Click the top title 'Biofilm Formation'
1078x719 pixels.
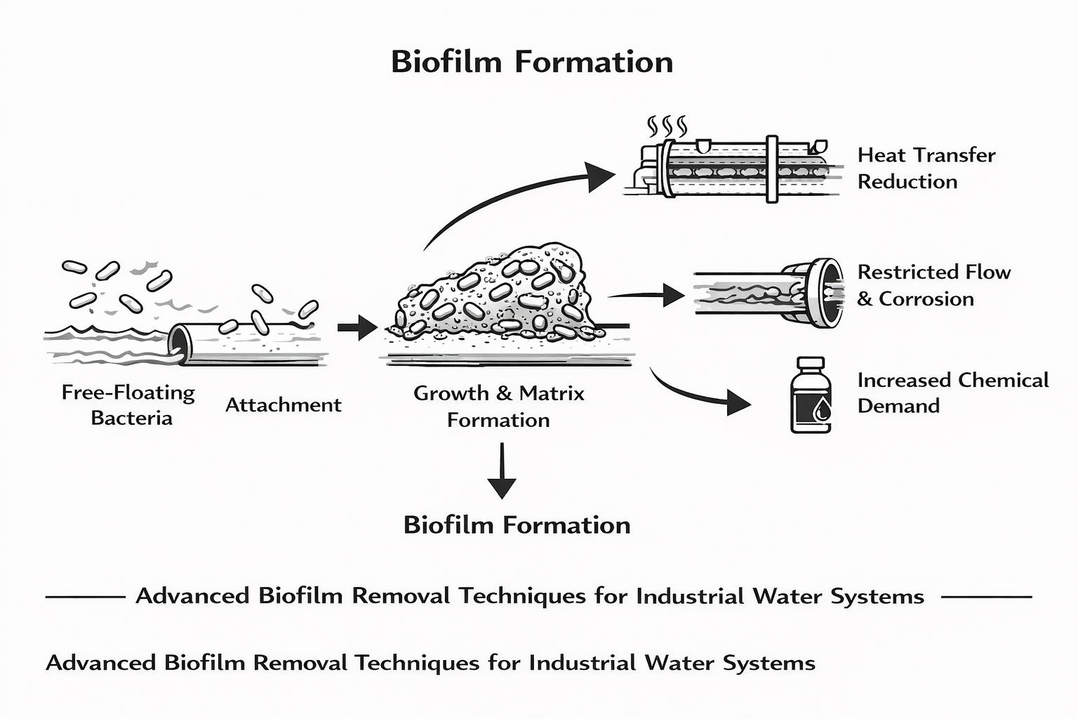(531, 62)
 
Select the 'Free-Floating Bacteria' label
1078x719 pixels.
(128, 405)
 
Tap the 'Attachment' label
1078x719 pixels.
(283, 405)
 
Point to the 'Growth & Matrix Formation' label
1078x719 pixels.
(498, 407)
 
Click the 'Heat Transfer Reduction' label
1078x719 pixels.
(926, 169)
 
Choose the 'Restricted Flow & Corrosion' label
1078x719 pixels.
(933, 285)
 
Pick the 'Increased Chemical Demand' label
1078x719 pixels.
(952, 393)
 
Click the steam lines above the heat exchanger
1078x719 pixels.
(666, 126)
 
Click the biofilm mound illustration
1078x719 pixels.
(498, 295)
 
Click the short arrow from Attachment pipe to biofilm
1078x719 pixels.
(357, 327)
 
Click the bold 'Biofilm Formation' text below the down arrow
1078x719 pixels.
(517, 525)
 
